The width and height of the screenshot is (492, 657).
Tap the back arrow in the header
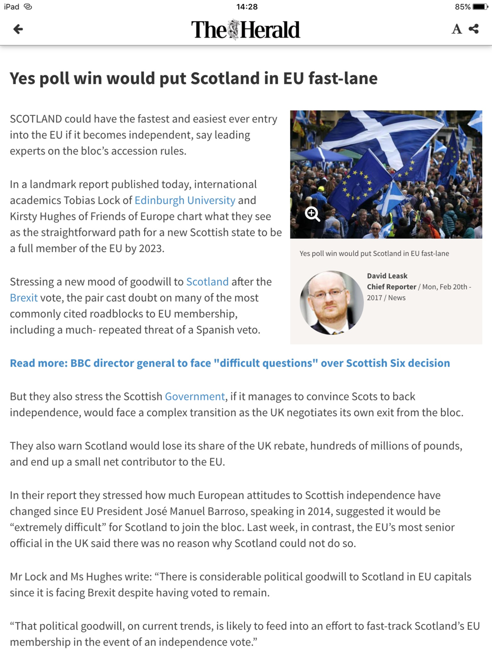[18, 29]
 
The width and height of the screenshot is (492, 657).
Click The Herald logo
[246, 30]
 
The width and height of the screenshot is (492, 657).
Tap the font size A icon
[457, 29]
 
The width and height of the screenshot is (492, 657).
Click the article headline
[194, 78]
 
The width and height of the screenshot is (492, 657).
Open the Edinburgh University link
[185, 200]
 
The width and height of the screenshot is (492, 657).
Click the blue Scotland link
[207, 282]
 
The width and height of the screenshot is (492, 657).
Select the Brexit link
[24, 298]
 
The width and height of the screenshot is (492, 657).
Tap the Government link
[195, 396]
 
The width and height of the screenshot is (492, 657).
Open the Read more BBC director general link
[230, 363]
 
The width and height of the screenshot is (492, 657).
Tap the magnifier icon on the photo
[312, 214]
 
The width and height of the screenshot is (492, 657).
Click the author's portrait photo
[332, 302]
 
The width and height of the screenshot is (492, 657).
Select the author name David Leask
[387, 276]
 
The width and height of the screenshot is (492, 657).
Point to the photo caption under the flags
[374, 254]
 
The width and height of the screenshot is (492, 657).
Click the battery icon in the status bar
[480, 7]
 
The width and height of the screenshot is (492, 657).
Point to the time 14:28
[246, 7]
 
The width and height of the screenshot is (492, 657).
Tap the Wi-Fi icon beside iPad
[28, 7]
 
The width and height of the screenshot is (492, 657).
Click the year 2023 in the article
[151, 248]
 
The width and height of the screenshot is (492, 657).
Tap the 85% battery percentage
[462, 7]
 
